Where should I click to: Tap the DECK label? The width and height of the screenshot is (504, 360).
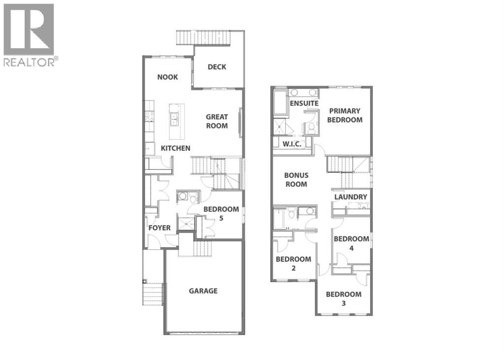pyautogui.click(x=217, y=67)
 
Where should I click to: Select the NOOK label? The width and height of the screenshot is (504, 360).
pyautogui.click(x=168, y=77)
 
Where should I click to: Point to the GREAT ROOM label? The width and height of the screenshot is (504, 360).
pyautogui.click(x=217, y=121)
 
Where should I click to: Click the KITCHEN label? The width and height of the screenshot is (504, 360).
pyautogui.click(x=175, y=148)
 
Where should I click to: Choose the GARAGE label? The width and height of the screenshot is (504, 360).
pyautogui.click(x=203, y=291)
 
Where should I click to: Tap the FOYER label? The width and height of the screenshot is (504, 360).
pyautogui.click(x=160, y=228)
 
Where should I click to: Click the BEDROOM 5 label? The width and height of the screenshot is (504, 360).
pyautogui.click(x=222, y=213)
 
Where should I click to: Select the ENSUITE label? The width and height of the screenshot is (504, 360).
pyautogui.click(x=304, y=103)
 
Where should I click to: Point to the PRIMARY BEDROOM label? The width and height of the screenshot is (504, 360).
pyautogui.click(x=345, y=115)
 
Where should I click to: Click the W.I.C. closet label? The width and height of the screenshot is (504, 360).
pyautogui.click(x=293, y=143)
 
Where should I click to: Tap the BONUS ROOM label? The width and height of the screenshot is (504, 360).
pyautogui.click(x=296, y=180)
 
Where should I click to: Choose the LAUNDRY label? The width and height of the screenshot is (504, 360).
pyautogui.click(x=351, y=197)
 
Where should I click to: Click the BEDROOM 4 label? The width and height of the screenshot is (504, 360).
pyautogui.click(x=351, y=243)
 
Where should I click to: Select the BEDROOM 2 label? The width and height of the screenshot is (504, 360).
pyautogui.click(x=293, y=263)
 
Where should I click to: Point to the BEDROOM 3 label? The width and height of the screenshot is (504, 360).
pyautogui.click(x=343, y=298)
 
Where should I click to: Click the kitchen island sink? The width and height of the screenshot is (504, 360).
pyautogui.click(x=174, y=119)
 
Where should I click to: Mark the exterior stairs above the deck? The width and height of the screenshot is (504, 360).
pyautogui.click(x=211, y=38)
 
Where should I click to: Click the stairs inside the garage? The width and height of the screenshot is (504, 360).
pyautogui.click(x=202, y=248)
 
